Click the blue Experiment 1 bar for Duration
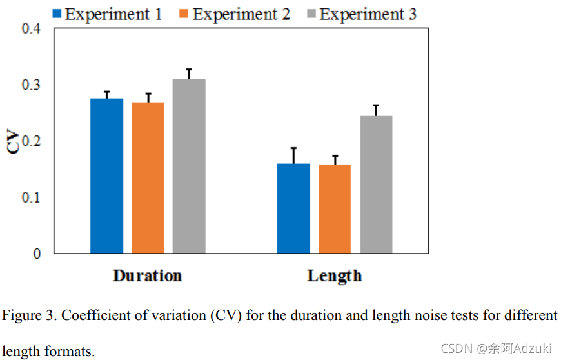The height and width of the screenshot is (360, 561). click(x=106, y=175)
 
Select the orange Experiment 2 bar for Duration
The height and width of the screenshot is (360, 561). click(x=148, y=177)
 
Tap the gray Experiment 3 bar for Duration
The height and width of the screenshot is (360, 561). click(x=189, y=166)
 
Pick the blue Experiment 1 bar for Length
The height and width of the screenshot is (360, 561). click(x=293, y=208)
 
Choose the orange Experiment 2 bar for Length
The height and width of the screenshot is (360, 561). click(x=335, y=208)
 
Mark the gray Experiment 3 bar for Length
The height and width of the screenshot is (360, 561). click(x=376, y=185)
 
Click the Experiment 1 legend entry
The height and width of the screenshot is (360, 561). click(x=107, y=14)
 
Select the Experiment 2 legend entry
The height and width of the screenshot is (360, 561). click(x=234, y=14)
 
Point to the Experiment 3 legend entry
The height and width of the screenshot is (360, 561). click(x=360, y=14)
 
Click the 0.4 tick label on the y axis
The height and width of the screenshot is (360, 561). click(x=30, y=29)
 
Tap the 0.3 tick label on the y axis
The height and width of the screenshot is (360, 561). click(x=30, y=85)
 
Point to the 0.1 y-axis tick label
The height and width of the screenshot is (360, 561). click(x=30, y=197)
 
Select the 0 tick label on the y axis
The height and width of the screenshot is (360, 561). click(x=37, y=254)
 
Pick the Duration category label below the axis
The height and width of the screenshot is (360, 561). click(x=147, y=276)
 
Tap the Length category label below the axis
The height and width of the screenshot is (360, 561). click(x=334, y=276)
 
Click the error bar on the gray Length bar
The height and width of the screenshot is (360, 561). click(x=376, y=110)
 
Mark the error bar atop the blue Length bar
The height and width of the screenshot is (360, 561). click(x=293, y=155)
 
